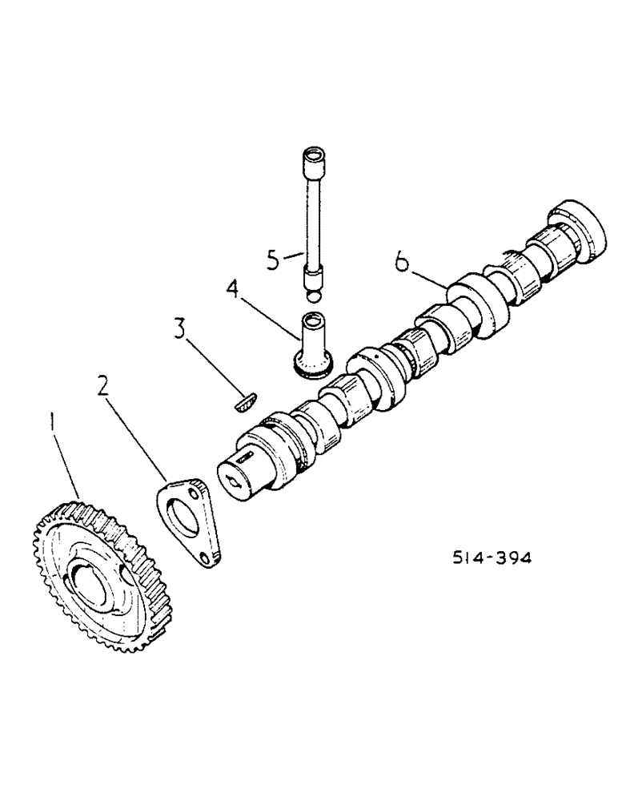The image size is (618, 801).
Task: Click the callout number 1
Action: point(52,420)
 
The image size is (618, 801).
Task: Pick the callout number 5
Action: point(275,259)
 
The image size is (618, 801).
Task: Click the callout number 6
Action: point(403,260)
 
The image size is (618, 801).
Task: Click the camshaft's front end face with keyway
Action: point(241,478)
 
